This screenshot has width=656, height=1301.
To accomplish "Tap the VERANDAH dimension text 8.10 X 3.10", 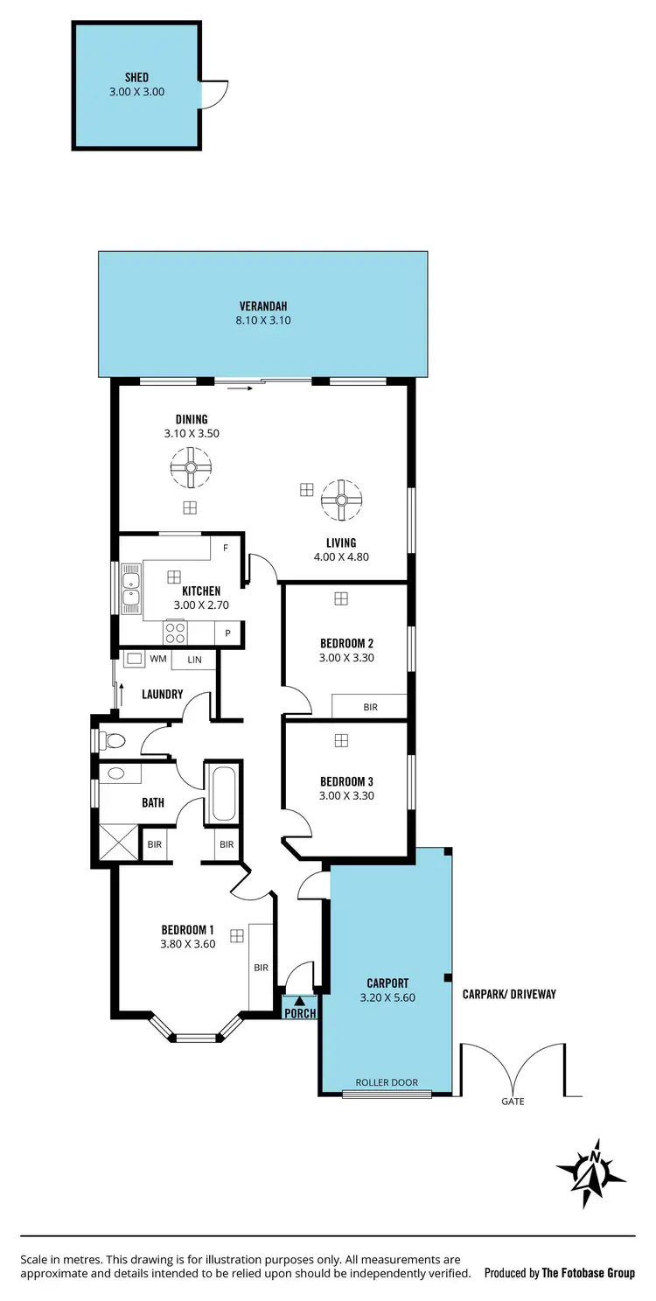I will pos(263,320).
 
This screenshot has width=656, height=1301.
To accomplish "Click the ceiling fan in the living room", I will pos(341,500).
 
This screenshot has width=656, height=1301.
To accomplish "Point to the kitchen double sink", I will pos(131,588).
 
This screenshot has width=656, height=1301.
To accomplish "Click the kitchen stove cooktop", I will pos(175,632).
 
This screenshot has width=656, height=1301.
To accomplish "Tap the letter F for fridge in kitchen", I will pos(226,549).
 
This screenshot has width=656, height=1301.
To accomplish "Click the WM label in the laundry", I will pos(158,659).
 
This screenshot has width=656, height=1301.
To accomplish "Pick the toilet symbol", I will pos(112,741).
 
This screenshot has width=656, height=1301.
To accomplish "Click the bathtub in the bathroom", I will pos(223,794).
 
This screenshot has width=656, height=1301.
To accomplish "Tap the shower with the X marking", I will pos(119,843).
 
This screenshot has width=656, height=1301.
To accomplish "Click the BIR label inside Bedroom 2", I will pos(370,707).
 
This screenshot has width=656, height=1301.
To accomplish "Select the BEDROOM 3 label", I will pos(347,781).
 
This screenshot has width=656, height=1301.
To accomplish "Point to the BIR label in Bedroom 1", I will pos(261,968).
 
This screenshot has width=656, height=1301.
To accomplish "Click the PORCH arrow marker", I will pos(299,1001).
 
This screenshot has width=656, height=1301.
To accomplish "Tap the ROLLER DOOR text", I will pos(387,1082).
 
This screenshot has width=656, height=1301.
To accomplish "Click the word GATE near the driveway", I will pos(513,1102).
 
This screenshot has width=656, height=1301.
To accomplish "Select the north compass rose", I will pos(592,1173).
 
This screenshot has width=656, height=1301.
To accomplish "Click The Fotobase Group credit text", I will pos(588,1273).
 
